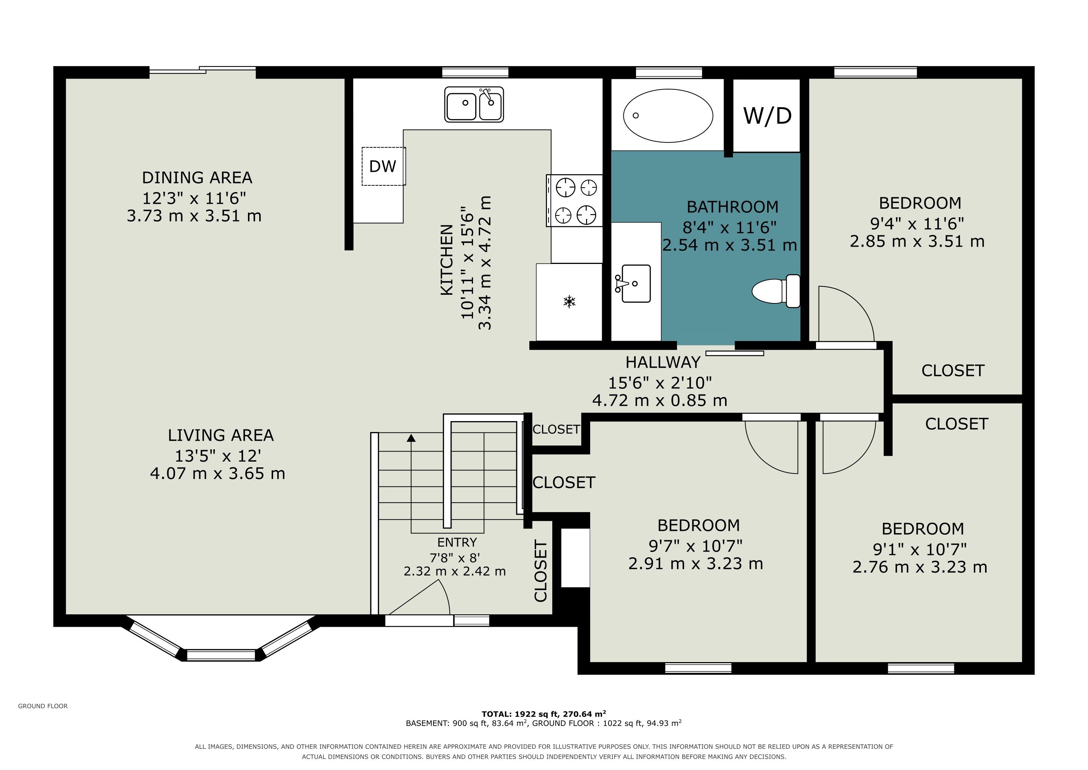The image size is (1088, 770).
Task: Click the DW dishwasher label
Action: [382, 167]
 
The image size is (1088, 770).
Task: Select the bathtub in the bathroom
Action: [668, 115]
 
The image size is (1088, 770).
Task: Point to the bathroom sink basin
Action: [635, 283]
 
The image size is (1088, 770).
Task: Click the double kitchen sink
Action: [474, 104]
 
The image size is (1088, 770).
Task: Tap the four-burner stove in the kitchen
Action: [574, 200]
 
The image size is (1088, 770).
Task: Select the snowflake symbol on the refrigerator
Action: [569, 301]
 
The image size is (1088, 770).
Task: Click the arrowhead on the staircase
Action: [411, 438]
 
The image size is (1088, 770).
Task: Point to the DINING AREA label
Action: [197, 178]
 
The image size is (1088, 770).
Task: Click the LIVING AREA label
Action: [221, 435]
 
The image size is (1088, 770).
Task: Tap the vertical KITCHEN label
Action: [447, 260]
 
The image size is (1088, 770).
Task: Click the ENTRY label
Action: [457, 543]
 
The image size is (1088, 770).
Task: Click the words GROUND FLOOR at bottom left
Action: [43, 706]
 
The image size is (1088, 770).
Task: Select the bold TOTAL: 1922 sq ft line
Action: [544, 714]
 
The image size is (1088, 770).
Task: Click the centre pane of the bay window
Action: [221, 655]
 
